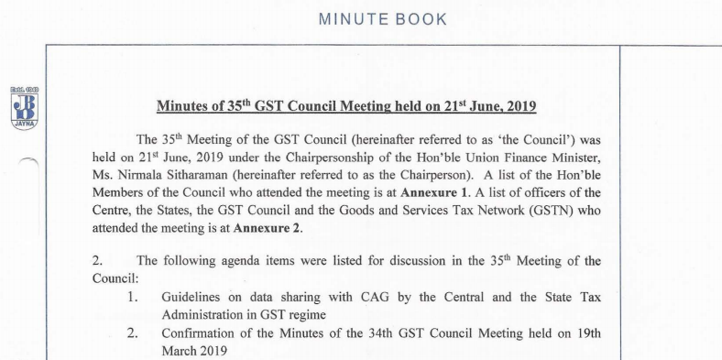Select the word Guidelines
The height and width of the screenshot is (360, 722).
(x=195, y=297)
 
